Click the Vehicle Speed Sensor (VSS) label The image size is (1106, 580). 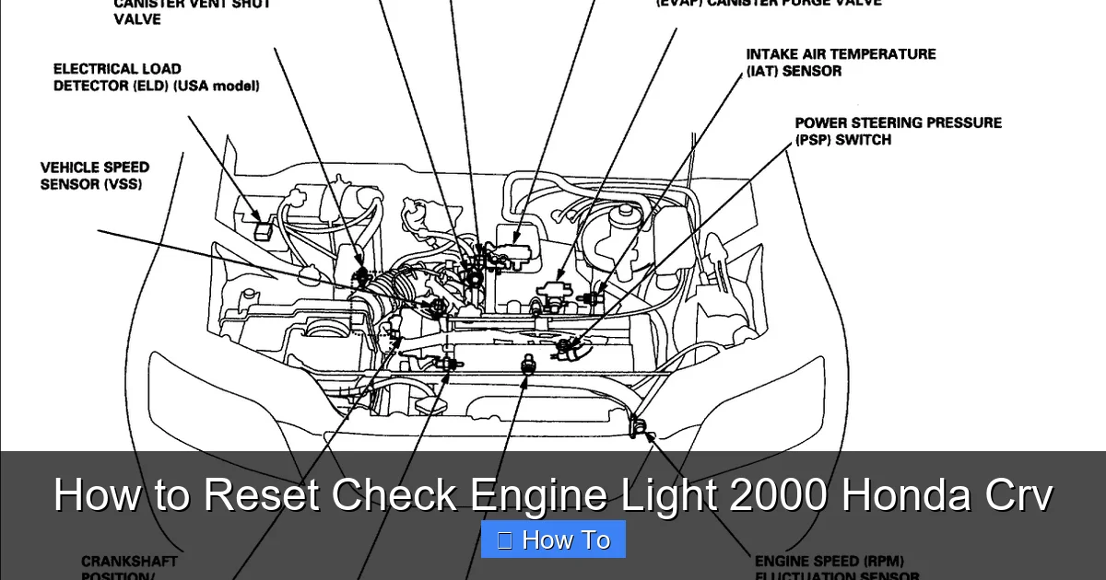click(94, 176)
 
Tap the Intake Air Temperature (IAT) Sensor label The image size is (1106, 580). click(840, 63)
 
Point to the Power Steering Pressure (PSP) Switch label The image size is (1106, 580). click(897, 131)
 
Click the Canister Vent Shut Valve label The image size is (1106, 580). click(192, 11)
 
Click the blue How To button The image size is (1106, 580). click(553, 539)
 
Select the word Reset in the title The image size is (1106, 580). click(261, 494)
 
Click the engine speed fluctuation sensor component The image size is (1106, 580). click(635, 426)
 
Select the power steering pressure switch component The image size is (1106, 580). click(566, 348)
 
